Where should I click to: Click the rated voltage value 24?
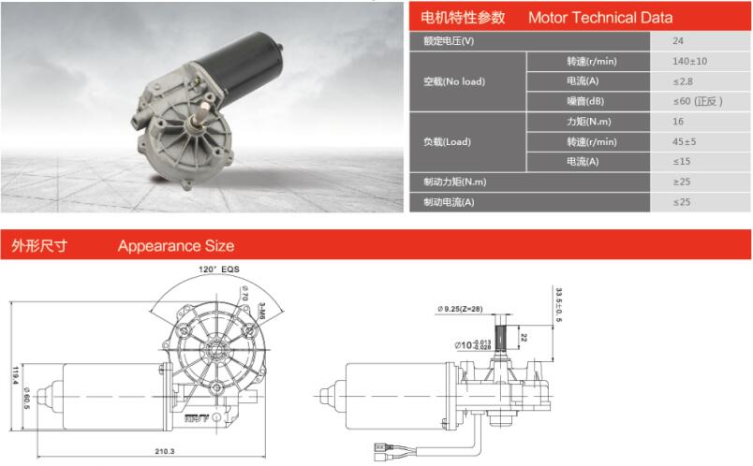pos(677,41)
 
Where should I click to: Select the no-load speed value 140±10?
pos(689,61)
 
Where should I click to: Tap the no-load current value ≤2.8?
pos(683,81)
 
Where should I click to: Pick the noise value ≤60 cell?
pos(698,101)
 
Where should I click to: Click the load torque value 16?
pos(677,122)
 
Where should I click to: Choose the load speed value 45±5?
pos(685,141)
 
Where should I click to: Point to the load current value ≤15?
pos(682,162)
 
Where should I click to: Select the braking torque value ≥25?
pos(682,182)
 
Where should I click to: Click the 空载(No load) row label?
pos(454,81)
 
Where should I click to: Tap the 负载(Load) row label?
pos(447,142)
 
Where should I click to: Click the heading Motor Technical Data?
pos(600,18)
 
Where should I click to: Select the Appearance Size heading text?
pos(176,246)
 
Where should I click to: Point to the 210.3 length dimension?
pos(165,451)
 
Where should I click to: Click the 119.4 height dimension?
pos(16,376)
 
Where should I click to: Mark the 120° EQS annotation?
pos(218,269)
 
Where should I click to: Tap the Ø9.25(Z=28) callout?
pos(460,309)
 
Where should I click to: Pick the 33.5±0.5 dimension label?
pos(558,305)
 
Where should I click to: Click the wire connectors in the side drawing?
pos(382,452)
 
